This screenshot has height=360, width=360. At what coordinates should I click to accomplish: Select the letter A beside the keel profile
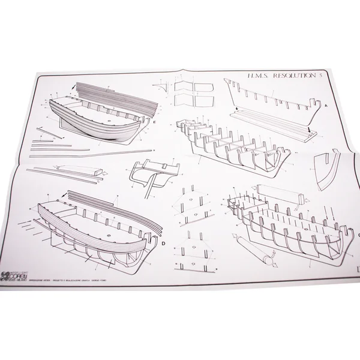pyautogui.click(x=325, y=105)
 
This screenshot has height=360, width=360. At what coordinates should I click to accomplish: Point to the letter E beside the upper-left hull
pyautogui.click(x=154, y=124)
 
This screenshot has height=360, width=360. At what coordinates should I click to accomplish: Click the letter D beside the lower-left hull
pyautogui.click(x=163, y=244)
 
